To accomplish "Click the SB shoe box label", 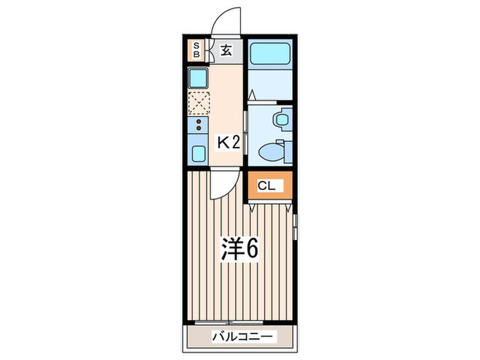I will tap(195, 49).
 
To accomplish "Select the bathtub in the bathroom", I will tap(270, 53).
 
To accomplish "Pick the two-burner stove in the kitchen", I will tap(197, 125).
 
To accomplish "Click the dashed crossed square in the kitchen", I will tap(198, 102).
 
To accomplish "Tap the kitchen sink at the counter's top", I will tap(197, 77).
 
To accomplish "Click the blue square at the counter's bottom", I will tap(197, 152).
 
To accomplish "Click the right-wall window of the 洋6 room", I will tap(296, 226).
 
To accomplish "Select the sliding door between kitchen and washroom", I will tap(245, 112).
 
